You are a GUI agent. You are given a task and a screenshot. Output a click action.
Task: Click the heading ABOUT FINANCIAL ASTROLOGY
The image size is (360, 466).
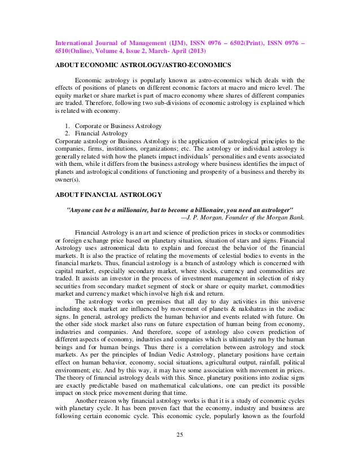click(108, 195)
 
